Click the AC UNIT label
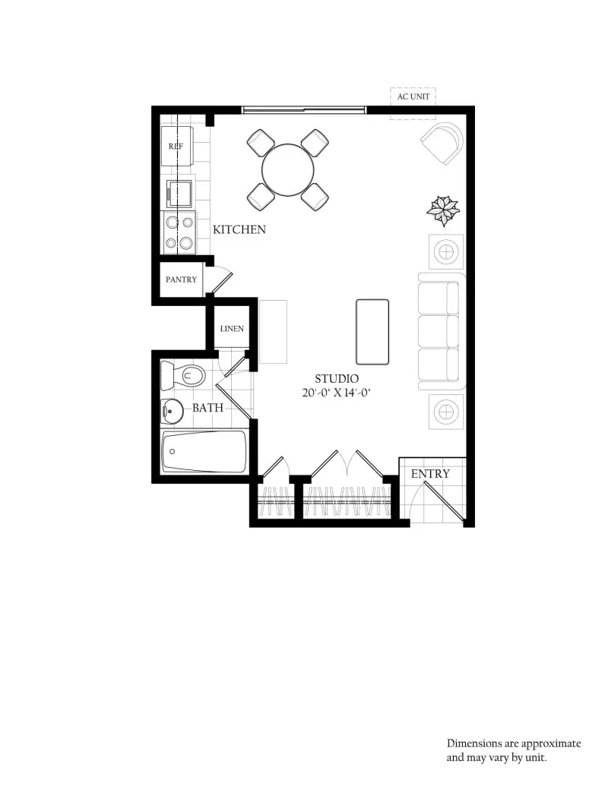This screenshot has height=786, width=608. tap(413, 96)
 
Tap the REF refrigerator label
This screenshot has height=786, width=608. tap(176, 147)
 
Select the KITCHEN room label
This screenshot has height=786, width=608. tap(239, 229)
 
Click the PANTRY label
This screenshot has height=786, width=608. tap(181, 279)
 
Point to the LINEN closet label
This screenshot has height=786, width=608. tap(232, 329)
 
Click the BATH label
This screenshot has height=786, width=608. tap(207, 408)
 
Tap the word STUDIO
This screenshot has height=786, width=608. tap(337, 379)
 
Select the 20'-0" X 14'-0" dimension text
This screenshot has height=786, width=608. tap(336, 393)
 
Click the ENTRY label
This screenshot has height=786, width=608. tap(430, 474)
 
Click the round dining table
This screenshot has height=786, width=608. tap(288, 170)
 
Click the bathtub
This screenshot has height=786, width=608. tap(204, 452)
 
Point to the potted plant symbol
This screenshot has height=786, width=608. tap(443, 210)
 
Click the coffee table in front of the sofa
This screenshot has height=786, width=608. tap(372, 332)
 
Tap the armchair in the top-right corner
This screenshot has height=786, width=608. tap(442, 143)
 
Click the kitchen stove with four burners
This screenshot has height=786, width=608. tap(179, 232)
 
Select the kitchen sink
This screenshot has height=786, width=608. tap(179, 194)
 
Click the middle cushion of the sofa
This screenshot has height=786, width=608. tap(438, 331)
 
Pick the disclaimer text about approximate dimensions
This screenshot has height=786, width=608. tap(514, 750)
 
